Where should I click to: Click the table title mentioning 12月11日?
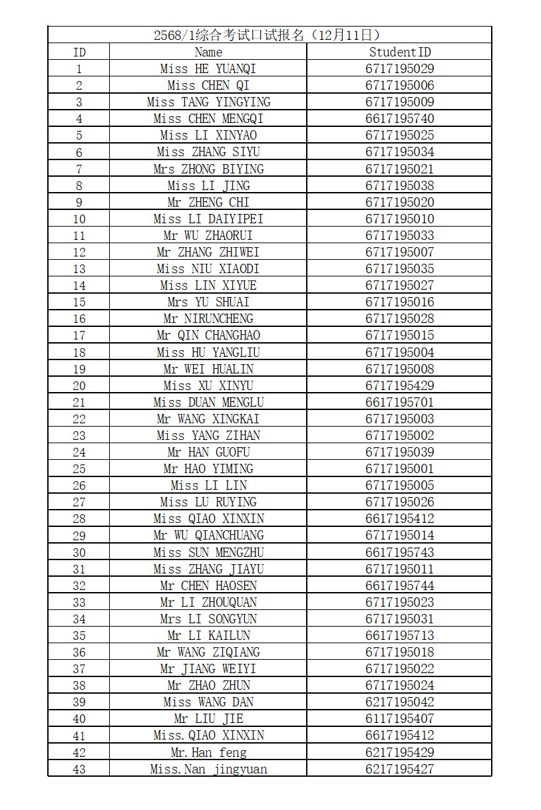coord(270,35)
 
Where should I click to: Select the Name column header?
coord(208,52)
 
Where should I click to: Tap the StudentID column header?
coord(399,52)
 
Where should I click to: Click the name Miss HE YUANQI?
coord(208,68)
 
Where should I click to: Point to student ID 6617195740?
coord(399,118)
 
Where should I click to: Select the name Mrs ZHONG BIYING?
coord(208,169)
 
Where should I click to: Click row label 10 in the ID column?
coord(79,219)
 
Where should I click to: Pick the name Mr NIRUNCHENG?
coord(208,319)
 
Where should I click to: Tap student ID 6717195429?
coord(399,385)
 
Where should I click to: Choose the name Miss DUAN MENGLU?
coord(208,402)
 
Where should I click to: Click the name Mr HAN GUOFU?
coord(208,452)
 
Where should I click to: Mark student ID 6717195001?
coord(399,468)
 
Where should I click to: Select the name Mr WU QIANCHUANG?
coord(208,536)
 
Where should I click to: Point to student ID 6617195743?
coord(399,552)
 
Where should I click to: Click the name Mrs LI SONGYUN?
coord(208,619)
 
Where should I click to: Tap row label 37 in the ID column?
coord(79,668)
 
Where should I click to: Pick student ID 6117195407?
coord(399,718)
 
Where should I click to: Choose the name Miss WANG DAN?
coord(208,702)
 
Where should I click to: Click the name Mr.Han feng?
coord(208,752)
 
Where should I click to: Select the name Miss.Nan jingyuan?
coord(208,769)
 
